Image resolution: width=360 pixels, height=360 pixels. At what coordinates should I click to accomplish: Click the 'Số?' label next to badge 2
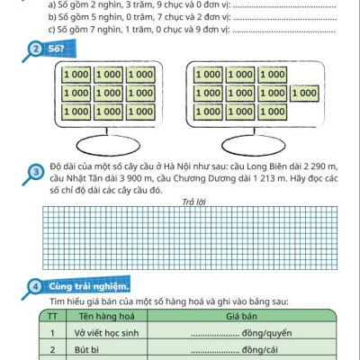[56, 49]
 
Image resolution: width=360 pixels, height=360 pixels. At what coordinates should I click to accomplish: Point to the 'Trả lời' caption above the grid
[193, 202]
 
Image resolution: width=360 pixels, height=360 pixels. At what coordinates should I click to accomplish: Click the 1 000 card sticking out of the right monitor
[306, 92]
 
